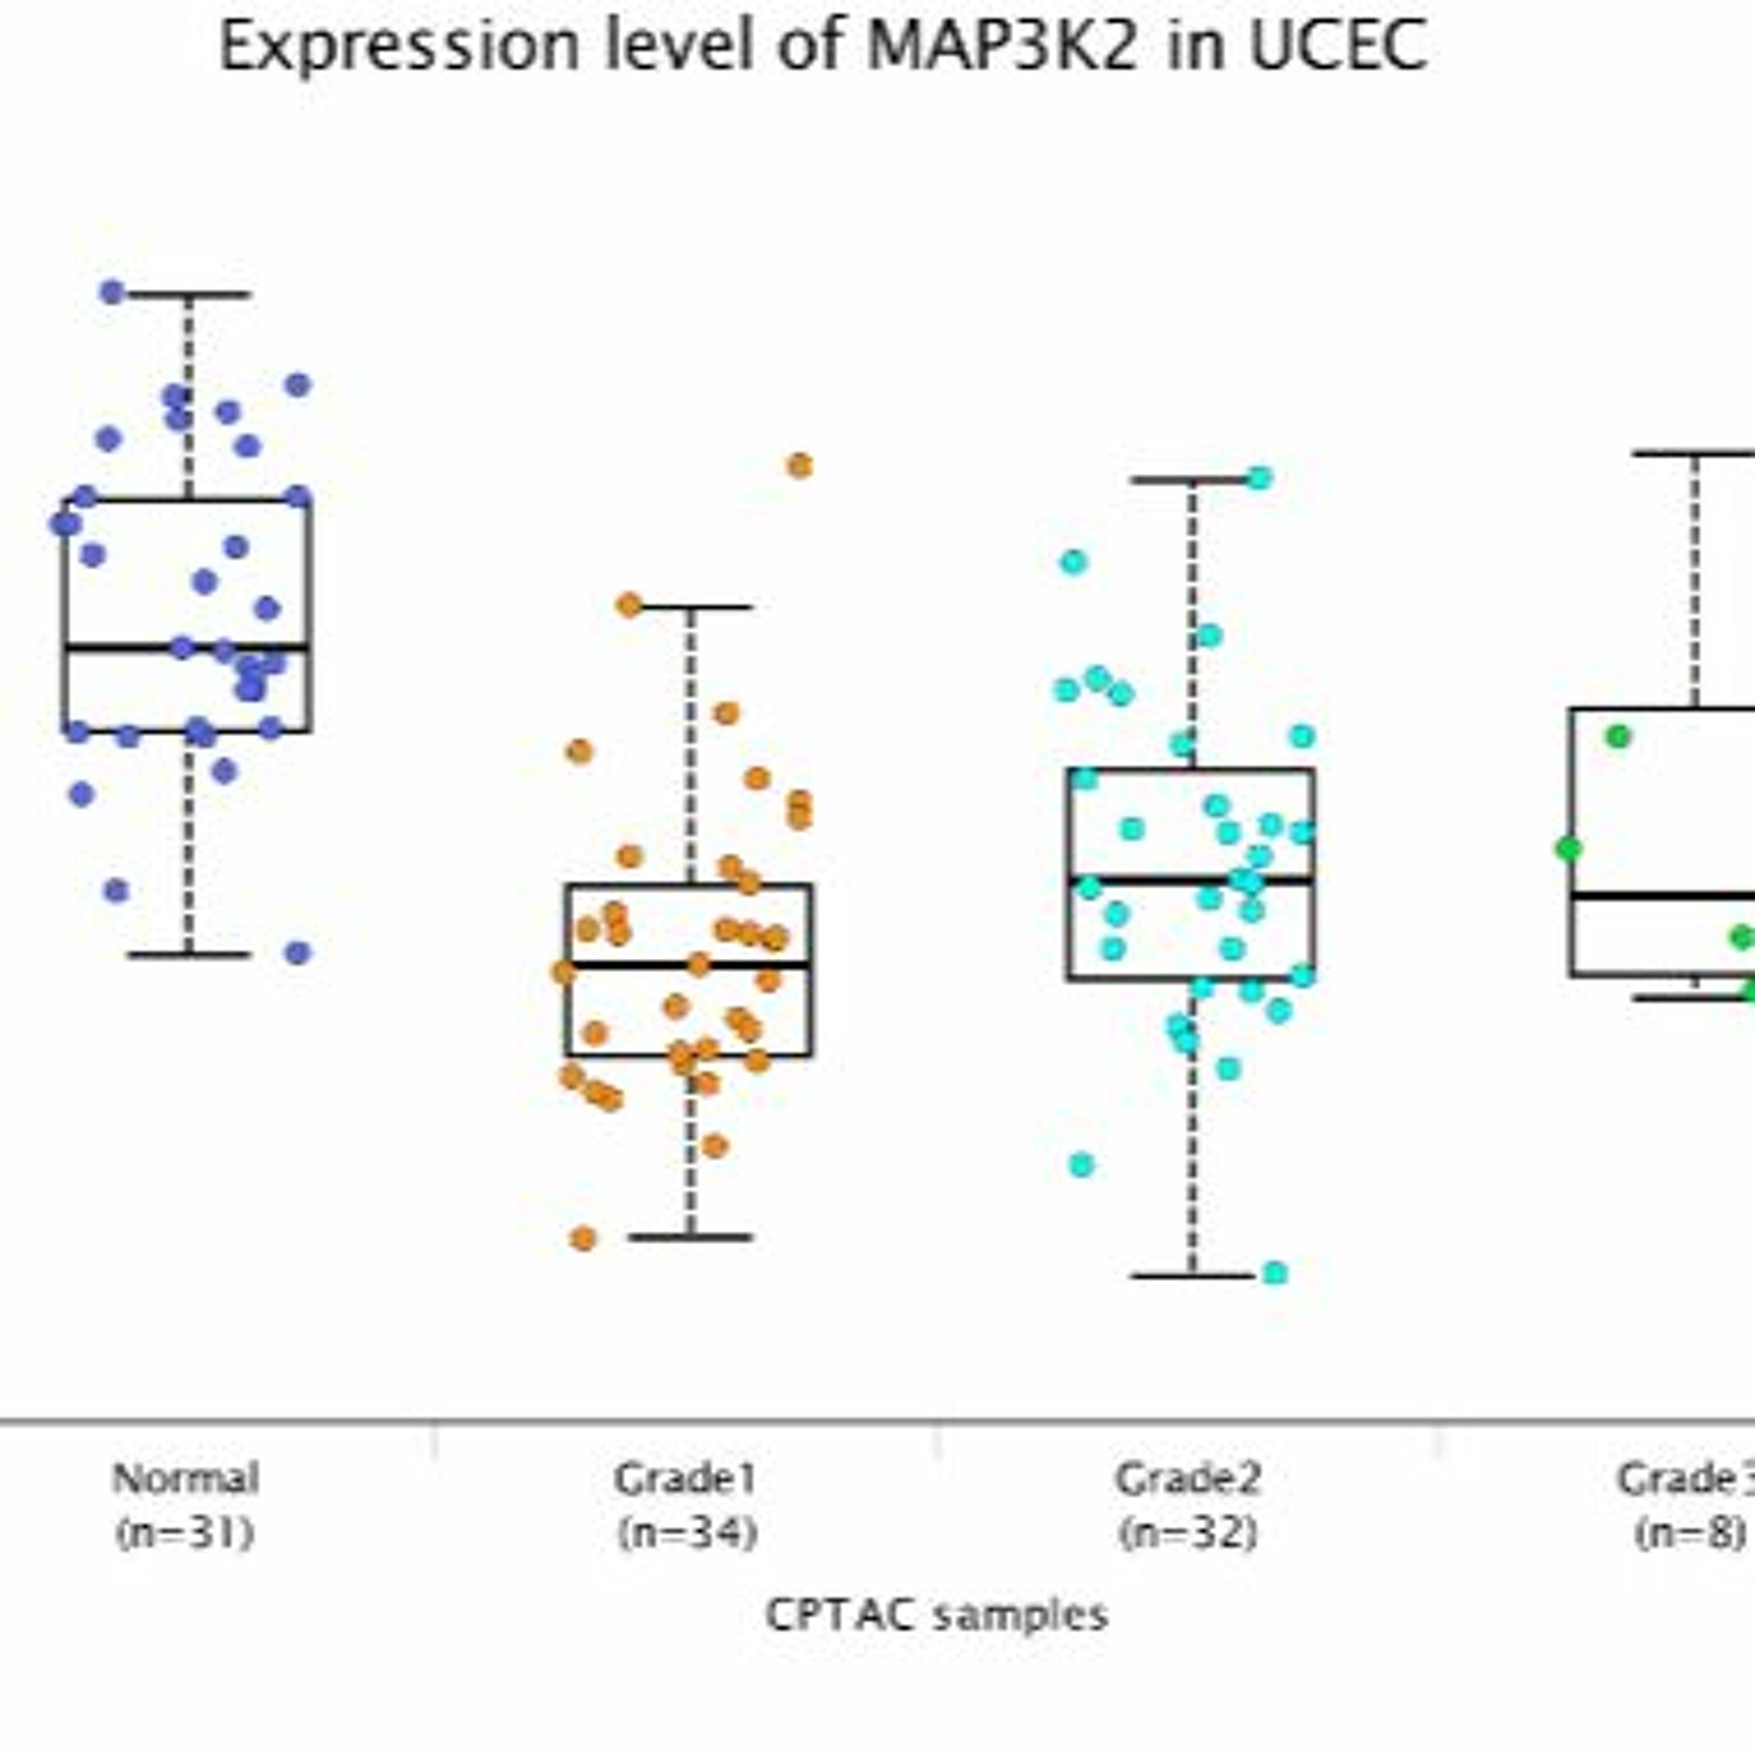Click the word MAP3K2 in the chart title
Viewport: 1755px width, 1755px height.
point(1002,46)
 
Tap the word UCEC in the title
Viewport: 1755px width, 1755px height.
point(1337,46)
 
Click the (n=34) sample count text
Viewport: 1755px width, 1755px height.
point(687,1533)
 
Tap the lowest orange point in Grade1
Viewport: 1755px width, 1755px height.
point(583,1238)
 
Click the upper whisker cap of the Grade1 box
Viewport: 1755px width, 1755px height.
point(690,607)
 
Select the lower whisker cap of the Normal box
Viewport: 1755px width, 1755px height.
point(188,955)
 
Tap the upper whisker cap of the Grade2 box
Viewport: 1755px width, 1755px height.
point(1192,480)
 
